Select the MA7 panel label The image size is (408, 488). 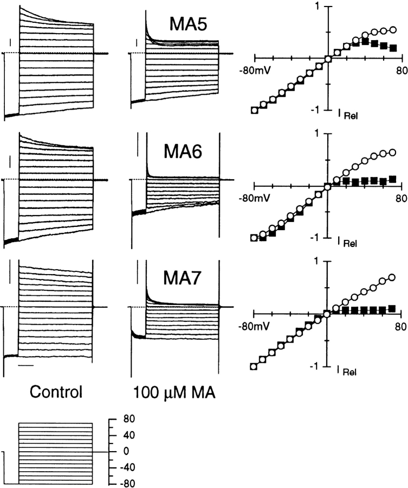click(x=183, y=278)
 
